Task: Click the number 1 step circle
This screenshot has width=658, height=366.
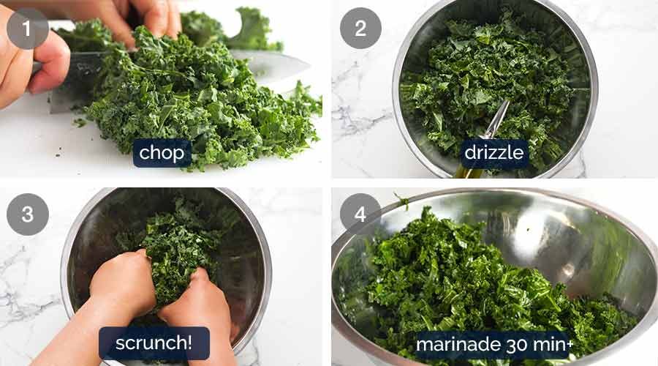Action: [x=27, y=28]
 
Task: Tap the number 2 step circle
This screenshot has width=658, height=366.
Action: [x=360, y=28]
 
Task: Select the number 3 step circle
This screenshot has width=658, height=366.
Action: [x=27, y=214]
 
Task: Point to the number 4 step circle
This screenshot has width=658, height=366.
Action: [x=360, y=214]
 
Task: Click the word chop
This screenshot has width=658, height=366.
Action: [x=162, y=154]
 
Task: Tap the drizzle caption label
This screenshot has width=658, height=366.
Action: [x=494, y=152]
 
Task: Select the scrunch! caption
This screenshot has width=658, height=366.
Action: [x=154, y=343]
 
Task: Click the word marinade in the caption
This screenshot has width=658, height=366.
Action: [x=458, y=345]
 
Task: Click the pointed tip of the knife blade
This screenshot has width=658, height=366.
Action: [x=310, y=66]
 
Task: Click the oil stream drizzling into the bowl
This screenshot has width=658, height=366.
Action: [x=497, y=121]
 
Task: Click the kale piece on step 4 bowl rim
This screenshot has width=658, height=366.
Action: [x=401, y=201]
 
